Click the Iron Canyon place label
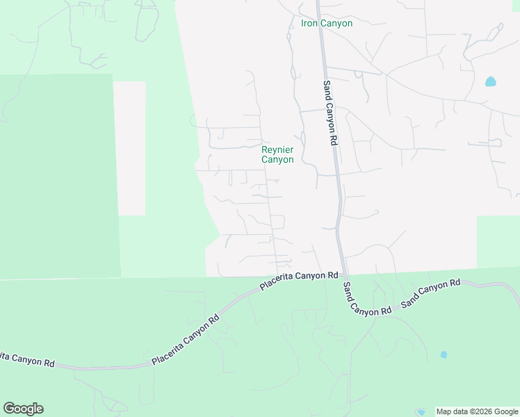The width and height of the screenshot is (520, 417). pyautogui.click(x=326, y=23)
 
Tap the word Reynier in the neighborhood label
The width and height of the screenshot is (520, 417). pyautogui.click(x=277, y=149)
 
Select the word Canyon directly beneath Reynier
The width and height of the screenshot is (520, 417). pyautogui.click(x=277, y=160)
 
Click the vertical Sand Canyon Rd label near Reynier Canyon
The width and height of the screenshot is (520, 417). pyautogui.click(x=330, y=112)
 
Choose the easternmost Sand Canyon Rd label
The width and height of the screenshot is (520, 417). pyautogui.click(x=431, y=293)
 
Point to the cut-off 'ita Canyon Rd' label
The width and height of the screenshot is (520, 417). pyautogui.click(x=27, y=360)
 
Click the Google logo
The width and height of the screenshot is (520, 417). pyautogui.click(x=23, y=409)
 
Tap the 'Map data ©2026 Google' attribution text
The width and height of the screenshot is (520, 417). pyautogui.click(x=478, y=411)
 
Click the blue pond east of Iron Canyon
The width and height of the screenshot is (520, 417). pyautogui.click(x=491, y=81)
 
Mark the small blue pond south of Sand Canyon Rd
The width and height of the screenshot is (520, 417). pyautogui.click(x=444, y=354)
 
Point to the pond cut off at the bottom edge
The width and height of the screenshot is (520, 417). pyautogui.click(x=420, y=412)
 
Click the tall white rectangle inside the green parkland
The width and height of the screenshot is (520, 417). pyautogui.click(x=129, y=147)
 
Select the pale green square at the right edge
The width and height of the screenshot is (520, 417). pyautogui.click(x=498, y=240)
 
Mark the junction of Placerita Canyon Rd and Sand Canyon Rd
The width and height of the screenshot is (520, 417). pyautogui.click(x=345, y=275)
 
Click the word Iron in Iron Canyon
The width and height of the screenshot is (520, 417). pyautogui.click(x=309, y=23)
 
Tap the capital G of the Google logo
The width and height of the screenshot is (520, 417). pyautogui.click(x=9, y=409)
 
